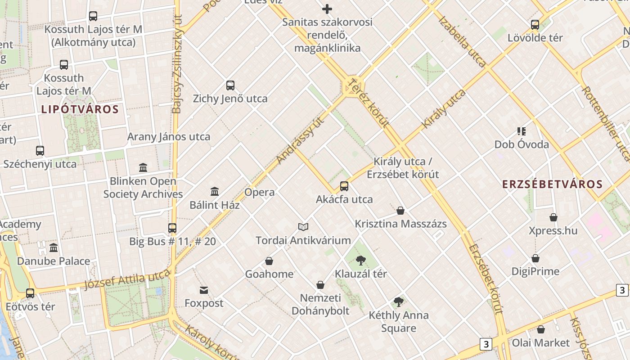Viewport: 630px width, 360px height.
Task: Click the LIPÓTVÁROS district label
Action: [x=80, y=109]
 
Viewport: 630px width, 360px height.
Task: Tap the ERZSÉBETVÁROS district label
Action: [x=552, y=184]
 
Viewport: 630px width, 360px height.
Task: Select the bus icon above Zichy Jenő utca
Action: [x=230, y=85]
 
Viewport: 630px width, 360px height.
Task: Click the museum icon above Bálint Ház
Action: [x=215, y=192]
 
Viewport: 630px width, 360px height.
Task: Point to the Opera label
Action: [x=259, y=193]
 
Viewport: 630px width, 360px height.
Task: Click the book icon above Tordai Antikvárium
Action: [x=303, y=227]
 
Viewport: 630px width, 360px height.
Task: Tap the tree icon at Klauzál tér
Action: [x=360, y=260]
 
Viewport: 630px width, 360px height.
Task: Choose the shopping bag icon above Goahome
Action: [x=269, y=261]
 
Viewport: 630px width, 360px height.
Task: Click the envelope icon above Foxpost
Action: [x=204, y=290]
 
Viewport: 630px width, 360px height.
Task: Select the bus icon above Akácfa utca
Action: [x=344, y=186]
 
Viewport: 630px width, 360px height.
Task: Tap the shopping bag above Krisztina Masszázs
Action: [x=400, y=211]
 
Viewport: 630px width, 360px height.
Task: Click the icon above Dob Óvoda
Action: [x=522, y=131]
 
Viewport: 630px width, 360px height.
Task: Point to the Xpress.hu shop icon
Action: [x=553, y=218]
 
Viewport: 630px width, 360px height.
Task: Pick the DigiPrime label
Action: [x=535, y=271]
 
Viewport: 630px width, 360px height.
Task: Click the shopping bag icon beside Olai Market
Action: [x=541, y=330]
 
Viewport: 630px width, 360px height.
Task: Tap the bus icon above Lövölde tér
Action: [x=535, y=25]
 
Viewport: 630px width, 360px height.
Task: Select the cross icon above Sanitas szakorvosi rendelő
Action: [x=327, y=9]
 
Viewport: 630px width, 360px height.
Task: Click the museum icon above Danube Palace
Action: [x=54, y=248]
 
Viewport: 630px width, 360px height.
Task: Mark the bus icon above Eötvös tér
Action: [x=30, y=293]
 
